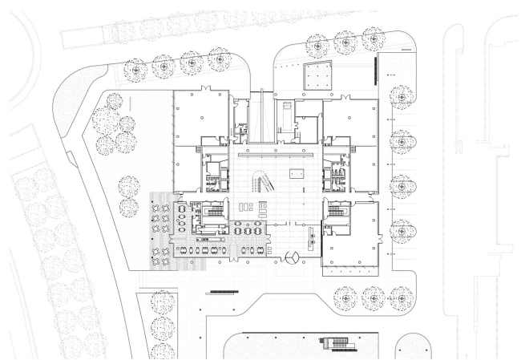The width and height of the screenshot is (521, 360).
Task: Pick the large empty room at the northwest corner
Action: (x=200, y=116)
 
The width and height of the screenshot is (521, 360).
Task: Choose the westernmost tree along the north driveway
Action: (x=138, y=69)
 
